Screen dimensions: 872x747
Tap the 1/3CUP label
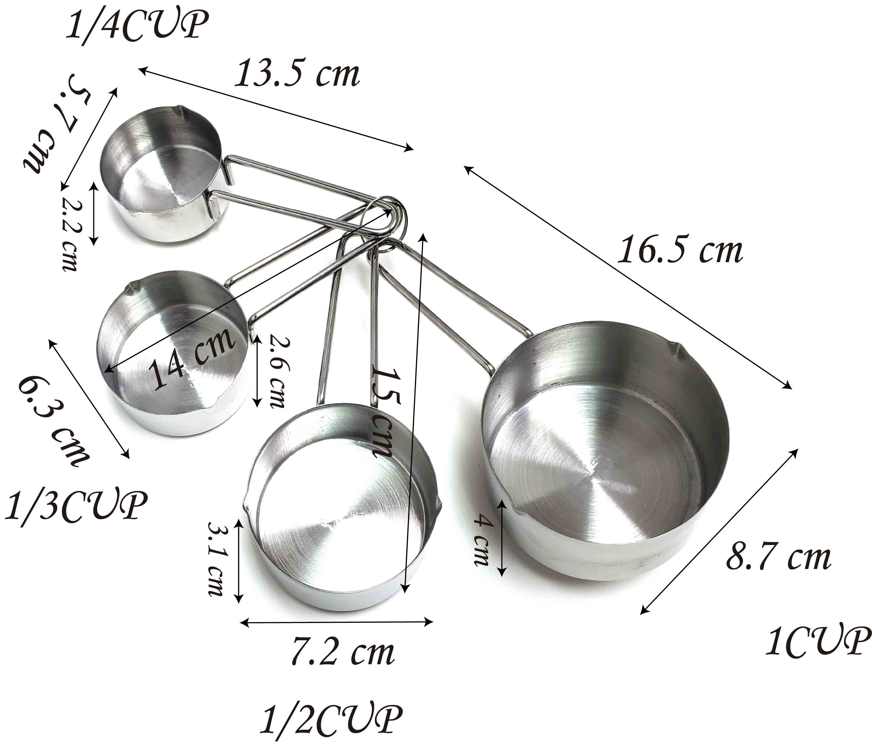(x=76, y=505)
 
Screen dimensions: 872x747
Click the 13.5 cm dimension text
(x=297, y=74)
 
